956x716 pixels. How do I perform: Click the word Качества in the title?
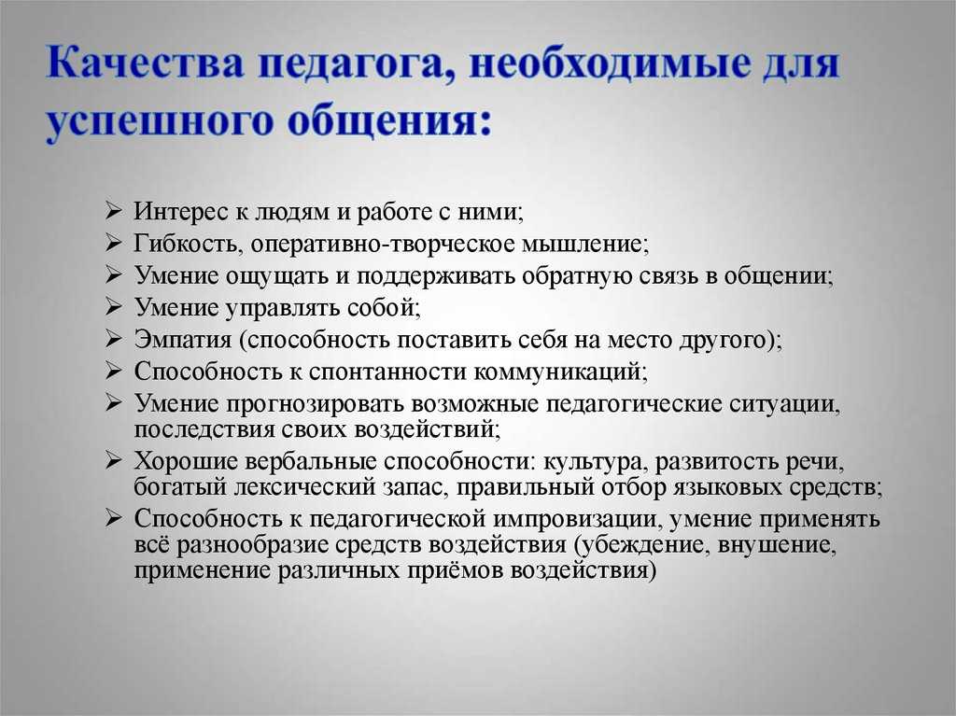(x=145, y=63)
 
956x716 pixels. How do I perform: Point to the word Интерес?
(x=180, y=211)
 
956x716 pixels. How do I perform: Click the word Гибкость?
(x=189, y=244)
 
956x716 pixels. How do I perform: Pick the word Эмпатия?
(x=183, y=339)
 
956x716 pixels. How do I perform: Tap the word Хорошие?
(x=186, y=461)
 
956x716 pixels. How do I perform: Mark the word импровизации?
(x=578, y=519)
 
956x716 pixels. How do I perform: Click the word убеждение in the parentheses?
(x=640, y=544)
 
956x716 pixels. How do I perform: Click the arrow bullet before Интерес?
(x=113, y=210)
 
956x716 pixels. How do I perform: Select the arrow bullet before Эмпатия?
(x=113, y=338)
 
